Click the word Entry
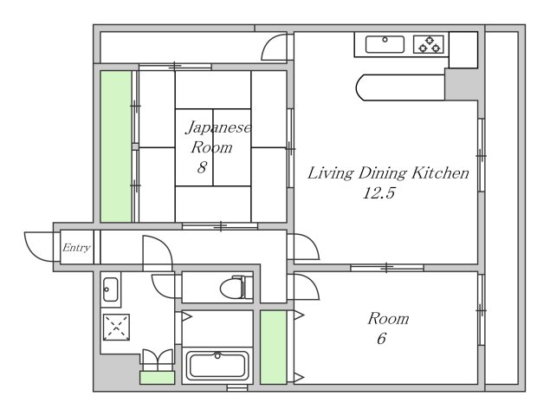pyautogui.click(x=76, y=248)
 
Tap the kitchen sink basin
pyautogui.click(x=385, y=44)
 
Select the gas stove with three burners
pyautogui.click(x=429, y=44)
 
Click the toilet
pyautogui.click(x=236, y=287)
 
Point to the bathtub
pyautogui.click(x=217, y=366)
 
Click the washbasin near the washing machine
pyautogui.click(x=111, y=289)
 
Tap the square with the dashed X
pyautogui.click(x=116, y=328)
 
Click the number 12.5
pyautogui.click(x=379, y=193)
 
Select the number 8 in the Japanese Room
pyautogui.click(x=202, y=167)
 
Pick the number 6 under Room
pyautogui.click(x=382, y=338)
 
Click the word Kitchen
pyautogui.click(x=440, y=172)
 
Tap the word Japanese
pyautogui.click(x=218, y=127)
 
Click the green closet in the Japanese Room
pyautogui.click(x=116, y=146)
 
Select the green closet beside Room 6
pyautogui.click(x=274, y=347)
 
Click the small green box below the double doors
pyautogui.click(x=157, y=378)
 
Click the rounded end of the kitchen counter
pyautogui.click(x=361, y=88)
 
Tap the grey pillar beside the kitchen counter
pyautogui.click(x=462, y=84)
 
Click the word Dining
pyautogui.click(x=383, y=173)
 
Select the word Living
pyautogui.click(x=331, y=173)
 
